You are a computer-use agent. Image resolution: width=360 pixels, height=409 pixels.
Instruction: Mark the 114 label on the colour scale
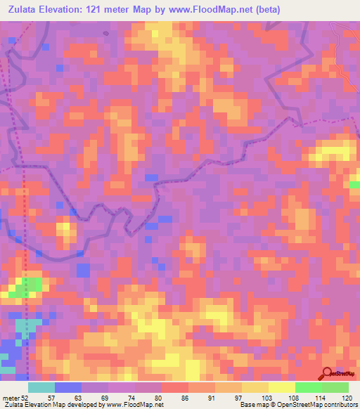(x=321, y=397)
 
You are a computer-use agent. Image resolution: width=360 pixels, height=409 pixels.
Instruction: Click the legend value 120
(x=347, y=397)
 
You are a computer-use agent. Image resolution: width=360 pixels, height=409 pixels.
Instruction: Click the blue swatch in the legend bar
(x=67, y=387)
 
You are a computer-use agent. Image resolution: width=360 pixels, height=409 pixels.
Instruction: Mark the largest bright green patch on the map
(x=30, y=285)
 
